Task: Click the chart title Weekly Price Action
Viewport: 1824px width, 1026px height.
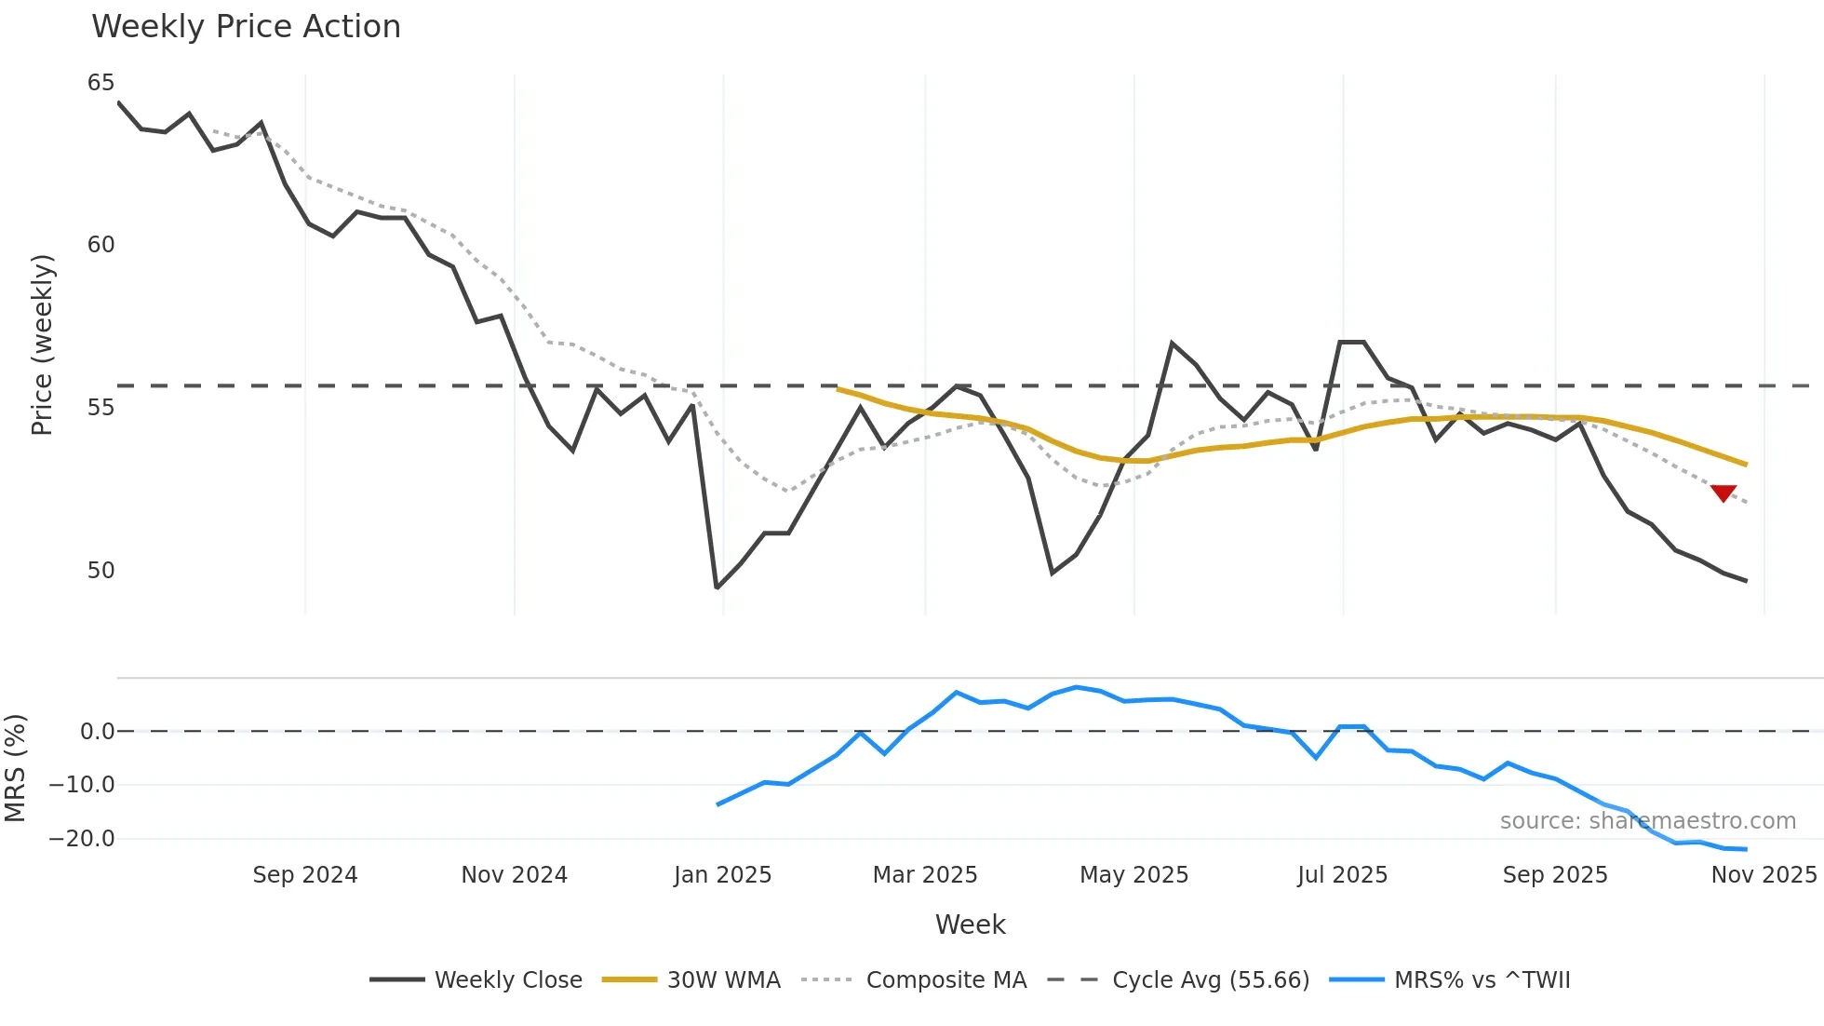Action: [246, 27]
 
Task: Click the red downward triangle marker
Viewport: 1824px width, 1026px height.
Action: [1723, 493]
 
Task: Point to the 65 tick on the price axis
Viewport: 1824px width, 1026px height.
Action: [101, 83]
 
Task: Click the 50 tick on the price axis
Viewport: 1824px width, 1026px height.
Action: [101, 570]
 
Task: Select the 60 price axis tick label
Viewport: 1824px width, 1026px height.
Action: [101, 245]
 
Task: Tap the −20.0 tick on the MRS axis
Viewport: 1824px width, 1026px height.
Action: [82, 838]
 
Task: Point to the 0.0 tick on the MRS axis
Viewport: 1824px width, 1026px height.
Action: [97, 731]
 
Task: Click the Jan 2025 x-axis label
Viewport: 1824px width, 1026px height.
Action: [722, 874]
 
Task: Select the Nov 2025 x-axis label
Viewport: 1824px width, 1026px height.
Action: [1763, 874]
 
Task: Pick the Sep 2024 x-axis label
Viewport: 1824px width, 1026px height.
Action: [304, 874]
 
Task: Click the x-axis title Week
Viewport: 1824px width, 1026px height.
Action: [970, 925]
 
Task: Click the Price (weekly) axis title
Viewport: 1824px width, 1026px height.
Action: [42, 344]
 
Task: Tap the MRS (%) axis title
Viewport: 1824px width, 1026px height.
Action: [15, 768]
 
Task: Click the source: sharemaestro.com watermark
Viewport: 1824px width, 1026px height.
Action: [1647, 820]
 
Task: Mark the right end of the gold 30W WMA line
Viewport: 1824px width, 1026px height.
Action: [1746, 464]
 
